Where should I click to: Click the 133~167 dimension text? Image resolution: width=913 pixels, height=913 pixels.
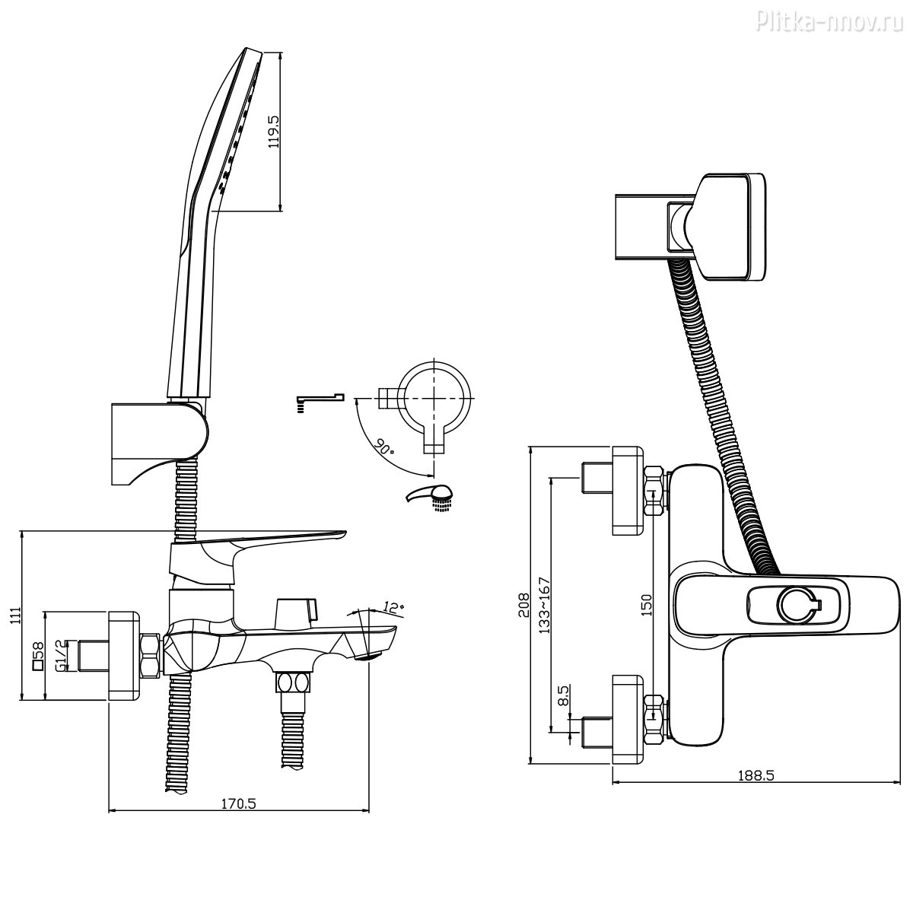click(544, 606)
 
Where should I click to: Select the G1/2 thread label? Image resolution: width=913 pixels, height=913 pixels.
click(62, 654)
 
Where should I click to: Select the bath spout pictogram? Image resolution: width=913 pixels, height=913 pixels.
click(319, 399)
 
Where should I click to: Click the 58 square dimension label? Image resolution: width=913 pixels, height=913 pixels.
click(38, 655)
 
